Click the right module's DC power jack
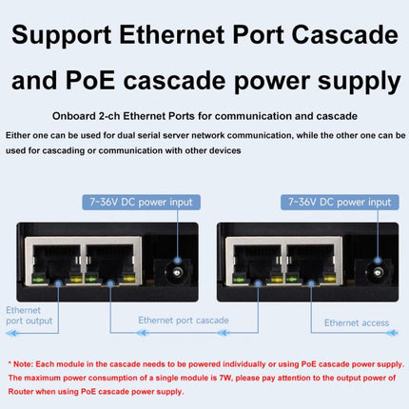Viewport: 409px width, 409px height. coord(376,272)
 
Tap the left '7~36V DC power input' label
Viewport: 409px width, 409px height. coord(141,203)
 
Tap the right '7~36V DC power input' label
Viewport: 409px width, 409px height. coord(340,203)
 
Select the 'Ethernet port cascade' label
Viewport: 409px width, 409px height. coord(184,321)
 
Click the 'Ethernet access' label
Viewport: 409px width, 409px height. coord(357,322)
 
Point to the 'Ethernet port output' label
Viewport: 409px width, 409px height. coord(29,316)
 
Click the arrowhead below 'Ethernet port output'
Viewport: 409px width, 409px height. coord(12,333)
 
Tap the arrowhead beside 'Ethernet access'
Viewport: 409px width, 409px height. coord(392,333)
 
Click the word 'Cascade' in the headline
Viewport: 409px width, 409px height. coord(344,35)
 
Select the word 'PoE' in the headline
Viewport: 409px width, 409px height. coord(90,81)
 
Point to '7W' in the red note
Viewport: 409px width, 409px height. coord(225,378)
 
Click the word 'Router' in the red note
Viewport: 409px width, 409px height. coord(20,392)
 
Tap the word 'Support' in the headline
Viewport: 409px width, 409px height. coord(61,36)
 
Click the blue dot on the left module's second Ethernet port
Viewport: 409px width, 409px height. coord(110,282)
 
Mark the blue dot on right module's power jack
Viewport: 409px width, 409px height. coord(378,261)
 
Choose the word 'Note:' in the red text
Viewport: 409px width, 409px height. coord(23,364)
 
